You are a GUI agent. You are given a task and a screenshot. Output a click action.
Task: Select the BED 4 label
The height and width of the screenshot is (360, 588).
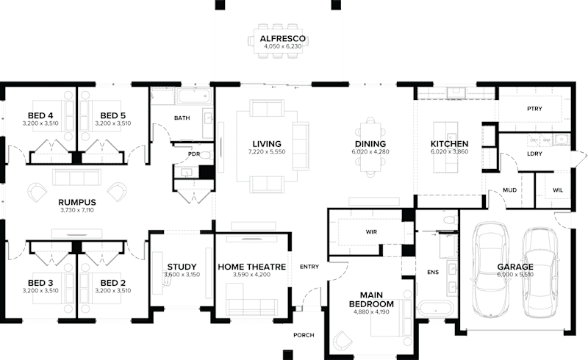tap(40, 115)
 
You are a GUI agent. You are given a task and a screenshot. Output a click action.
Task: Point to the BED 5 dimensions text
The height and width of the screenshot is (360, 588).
tap(112, 124)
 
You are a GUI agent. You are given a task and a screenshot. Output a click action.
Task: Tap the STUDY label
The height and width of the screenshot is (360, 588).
tap(180, 267)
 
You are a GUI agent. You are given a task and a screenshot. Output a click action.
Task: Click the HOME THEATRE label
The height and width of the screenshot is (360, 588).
tap(251, 267)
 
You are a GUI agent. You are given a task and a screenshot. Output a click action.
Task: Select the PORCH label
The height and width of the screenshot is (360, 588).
tap(303, 335)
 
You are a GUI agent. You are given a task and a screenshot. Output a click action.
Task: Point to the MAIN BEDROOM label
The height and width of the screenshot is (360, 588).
tap(371, 298)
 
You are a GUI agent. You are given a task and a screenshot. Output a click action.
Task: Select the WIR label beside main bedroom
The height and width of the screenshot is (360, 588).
tap(371, 231)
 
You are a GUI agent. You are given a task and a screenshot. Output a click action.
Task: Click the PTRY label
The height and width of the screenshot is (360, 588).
tap(534, 109)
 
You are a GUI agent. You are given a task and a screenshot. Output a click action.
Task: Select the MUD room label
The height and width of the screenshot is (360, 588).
tap(509, 190)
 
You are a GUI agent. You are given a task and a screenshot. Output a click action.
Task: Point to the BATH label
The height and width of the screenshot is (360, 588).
tap(182, 118)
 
